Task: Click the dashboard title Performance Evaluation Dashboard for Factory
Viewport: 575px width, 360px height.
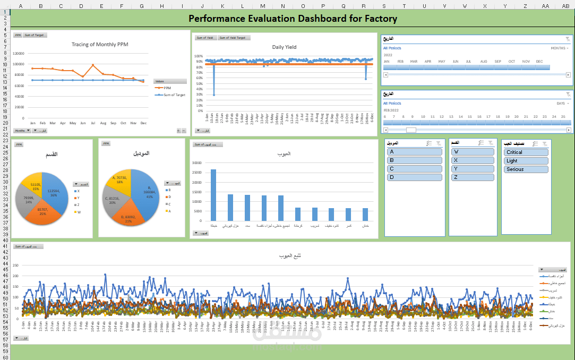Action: [293, 19]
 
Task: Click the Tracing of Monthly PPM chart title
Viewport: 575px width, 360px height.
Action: [100, 45]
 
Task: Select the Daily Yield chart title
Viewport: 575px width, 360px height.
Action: [284, 47]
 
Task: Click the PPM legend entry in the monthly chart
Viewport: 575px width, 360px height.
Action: [167, 88]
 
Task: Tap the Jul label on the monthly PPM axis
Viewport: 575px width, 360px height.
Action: [93, 123]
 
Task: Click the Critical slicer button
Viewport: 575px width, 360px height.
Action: [526, 152]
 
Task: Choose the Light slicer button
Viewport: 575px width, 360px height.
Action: [526, 161]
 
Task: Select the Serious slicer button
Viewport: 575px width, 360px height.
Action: [526, 169]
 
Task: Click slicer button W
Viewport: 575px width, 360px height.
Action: [473, 152]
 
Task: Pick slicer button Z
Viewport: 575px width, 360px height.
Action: [473, 177]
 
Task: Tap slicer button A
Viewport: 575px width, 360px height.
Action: [415, 152]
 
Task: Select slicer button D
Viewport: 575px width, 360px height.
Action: [415, 177]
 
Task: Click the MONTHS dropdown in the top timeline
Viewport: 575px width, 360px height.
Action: [560, 48]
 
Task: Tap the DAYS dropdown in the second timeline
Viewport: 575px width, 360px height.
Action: [562, 104]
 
